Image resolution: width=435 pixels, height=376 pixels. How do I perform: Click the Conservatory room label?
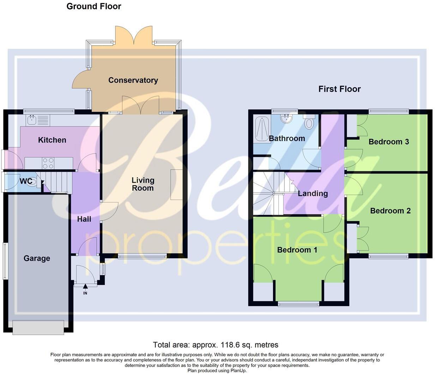coord(133,80)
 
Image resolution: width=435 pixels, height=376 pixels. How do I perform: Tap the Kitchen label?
coord(52,140)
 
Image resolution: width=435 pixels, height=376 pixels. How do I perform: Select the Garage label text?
coord(37,258)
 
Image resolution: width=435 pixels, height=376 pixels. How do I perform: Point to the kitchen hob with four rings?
coord(48,163)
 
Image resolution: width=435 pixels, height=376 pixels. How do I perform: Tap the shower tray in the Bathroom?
coord(261,129)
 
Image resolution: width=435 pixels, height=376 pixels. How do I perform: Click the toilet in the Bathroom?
coord(309,122)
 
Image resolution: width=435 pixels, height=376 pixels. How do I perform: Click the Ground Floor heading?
coord(94,6)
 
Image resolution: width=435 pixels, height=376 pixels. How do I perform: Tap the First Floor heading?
coord(339,89)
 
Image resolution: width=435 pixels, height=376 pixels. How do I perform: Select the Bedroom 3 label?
coord(388,142)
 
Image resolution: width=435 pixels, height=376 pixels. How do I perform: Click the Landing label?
coord(313,193)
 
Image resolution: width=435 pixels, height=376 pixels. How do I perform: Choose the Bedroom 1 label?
coord(297,250)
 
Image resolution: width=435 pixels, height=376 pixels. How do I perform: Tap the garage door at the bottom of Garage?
coord(38,327)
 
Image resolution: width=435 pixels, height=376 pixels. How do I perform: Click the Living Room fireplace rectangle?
coord(176,185)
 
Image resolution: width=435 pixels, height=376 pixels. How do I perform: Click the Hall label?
coord(84,219)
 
